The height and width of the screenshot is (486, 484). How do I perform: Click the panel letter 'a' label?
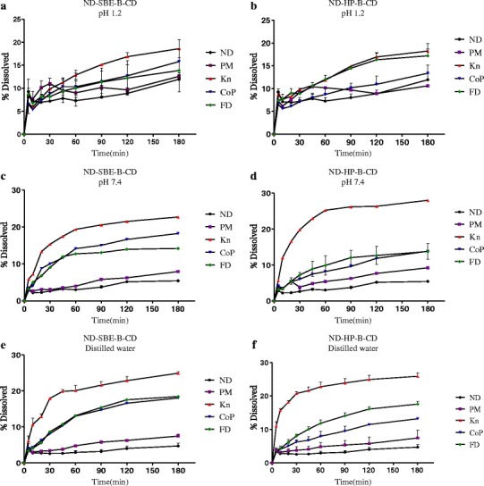click(x=5, y=6)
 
